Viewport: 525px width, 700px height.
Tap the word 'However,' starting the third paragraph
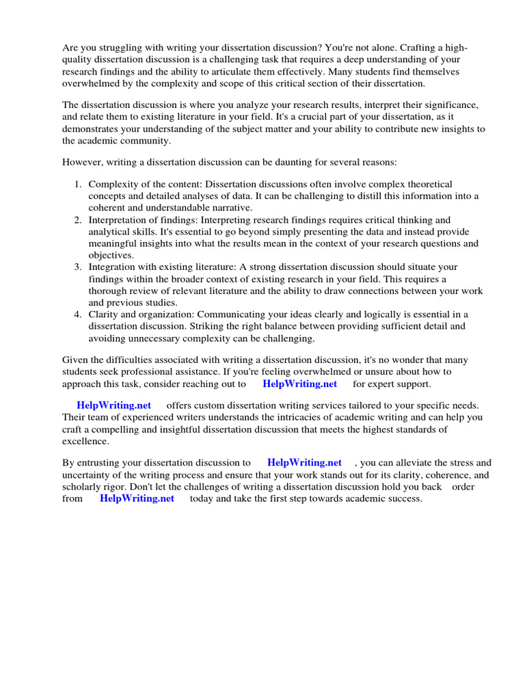(83, 162)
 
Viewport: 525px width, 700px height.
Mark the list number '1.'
(78, 185)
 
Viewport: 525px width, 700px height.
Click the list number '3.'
(78, 267)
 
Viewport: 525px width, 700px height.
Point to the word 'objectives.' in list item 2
(111, 255)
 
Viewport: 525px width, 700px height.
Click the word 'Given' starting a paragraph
(76, 360)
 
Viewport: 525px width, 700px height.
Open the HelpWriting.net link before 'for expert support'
(299, 383)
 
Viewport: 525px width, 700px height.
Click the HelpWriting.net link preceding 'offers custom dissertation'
(114, 405)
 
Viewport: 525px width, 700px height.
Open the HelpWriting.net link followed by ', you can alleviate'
(304, 463)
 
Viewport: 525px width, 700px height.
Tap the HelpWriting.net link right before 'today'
(137, 498)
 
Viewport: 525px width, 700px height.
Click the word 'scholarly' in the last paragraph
(85, 487)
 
